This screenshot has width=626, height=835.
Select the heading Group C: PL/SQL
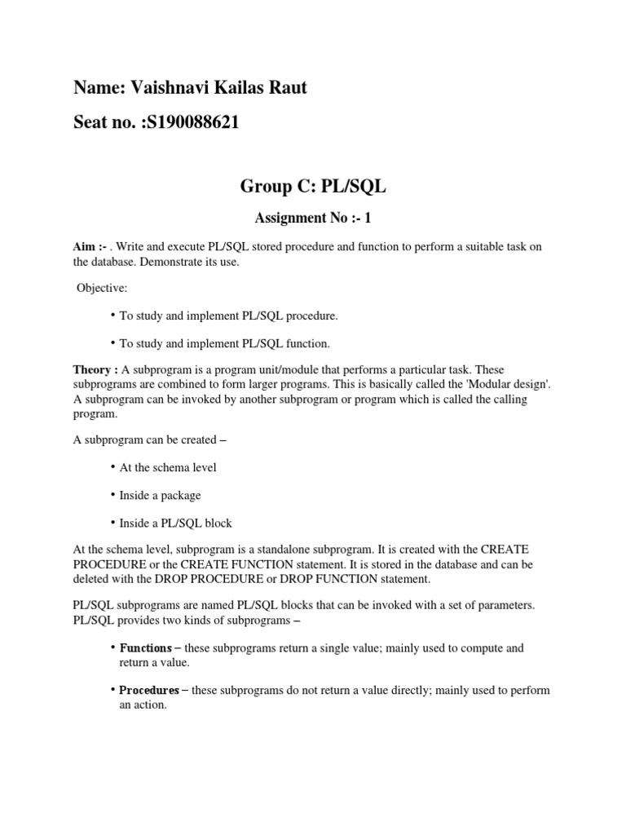(x=313, y=187)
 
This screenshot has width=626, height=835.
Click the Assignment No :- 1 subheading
(x=313, y=218)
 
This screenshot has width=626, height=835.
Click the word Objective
(x=102, y=289)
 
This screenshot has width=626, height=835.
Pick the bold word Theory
(x=92, y=370)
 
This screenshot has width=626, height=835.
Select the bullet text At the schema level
(x=168, y=468)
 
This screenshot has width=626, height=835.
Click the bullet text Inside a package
(x=160, y=495)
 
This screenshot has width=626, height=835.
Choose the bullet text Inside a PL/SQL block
(x=176, y=523)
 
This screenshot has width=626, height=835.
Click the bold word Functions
(x=145, y=648)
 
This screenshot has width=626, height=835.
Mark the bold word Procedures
(x=149, y=691)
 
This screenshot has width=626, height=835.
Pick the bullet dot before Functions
(x=112, y=647)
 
